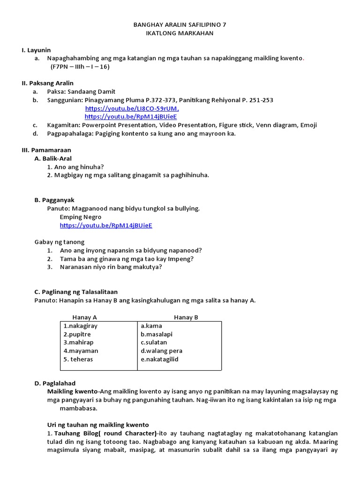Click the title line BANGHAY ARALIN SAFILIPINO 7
180,25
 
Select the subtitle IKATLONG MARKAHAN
180,33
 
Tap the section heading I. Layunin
36,50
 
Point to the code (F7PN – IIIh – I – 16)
80,67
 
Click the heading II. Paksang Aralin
48,83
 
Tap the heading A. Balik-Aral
53,158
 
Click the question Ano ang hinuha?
75,167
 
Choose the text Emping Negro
80,217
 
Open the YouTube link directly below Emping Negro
106,225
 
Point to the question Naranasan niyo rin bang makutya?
111,267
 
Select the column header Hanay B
186,317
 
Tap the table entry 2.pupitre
77,334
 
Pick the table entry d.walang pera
161,351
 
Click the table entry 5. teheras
78,360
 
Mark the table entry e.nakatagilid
159,360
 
